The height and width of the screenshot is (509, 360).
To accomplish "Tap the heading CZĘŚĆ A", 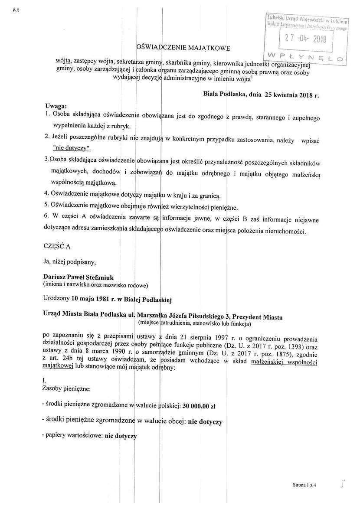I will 56,245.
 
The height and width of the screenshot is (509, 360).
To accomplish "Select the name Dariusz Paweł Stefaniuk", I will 81,276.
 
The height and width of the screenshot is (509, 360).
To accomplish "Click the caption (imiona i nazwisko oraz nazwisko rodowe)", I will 95,284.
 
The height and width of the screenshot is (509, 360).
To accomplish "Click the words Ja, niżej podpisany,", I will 69,261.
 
